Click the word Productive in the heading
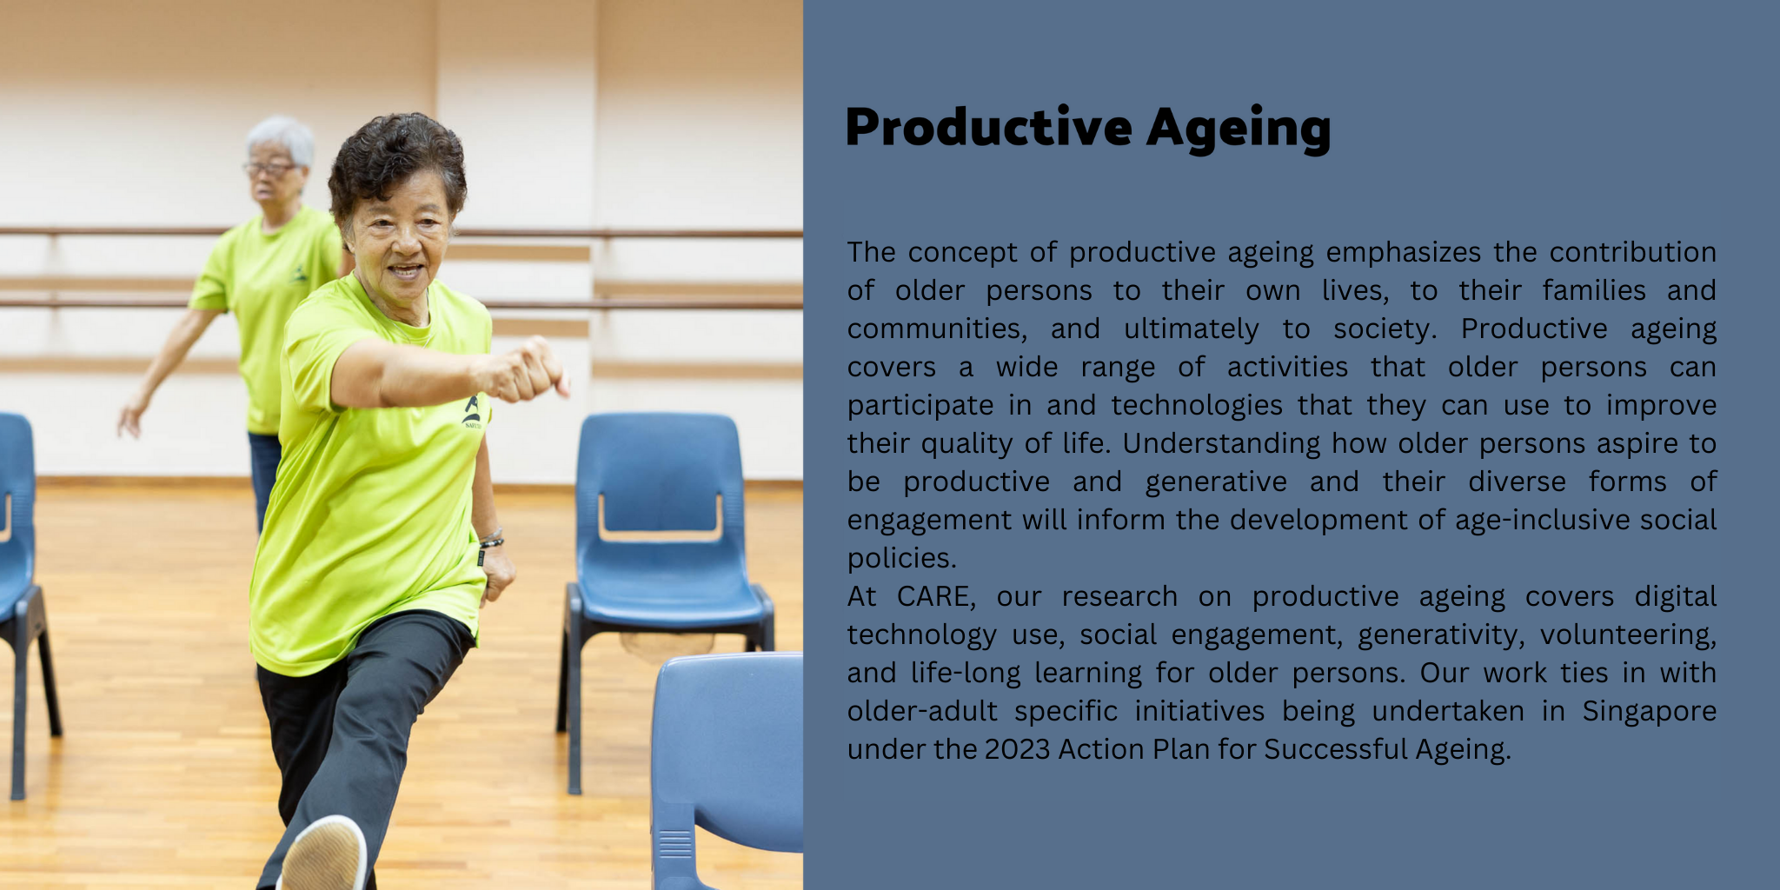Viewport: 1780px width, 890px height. click(989, 127)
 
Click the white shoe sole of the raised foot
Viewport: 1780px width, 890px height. click(324, 855)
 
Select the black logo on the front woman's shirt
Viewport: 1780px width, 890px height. click(472, 412)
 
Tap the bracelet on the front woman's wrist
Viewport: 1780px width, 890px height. click(491, 540)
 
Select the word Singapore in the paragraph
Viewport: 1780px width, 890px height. click(1649, 712)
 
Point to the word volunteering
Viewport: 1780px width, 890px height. click(1628, 635)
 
